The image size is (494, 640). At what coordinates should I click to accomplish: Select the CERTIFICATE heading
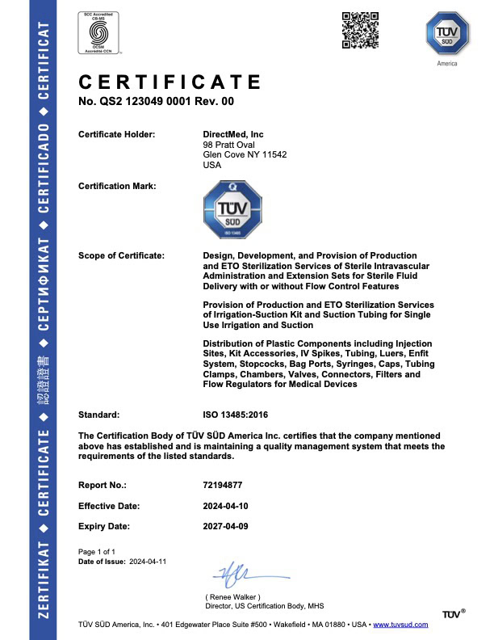click(170, 82)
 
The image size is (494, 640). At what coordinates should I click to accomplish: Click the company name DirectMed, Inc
click(233, 134)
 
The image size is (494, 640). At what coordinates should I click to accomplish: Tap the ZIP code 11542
click(273, 154)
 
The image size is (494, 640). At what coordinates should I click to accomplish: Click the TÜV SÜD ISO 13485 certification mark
click(232, 210)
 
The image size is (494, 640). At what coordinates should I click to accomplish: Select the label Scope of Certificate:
click(121, 255)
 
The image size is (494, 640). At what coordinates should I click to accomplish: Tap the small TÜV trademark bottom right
click(453, 615)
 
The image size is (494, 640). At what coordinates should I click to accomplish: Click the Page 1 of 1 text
click(97, 550)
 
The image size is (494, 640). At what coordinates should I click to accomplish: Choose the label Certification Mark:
click(117, 186)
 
